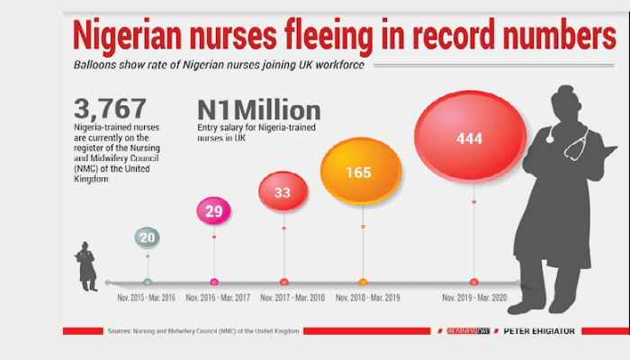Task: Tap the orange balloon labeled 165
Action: click(x=363, y=171)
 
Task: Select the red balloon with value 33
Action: click(x=283, y=192)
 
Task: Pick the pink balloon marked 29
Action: click(x=213, y=211)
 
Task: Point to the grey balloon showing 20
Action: click(x=148, y=238)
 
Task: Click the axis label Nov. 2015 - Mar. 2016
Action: click(x=148, y=297)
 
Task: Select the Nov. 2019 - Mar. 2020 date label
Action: click(x=473, y=297)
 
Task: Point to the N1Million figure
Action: click(x=258, y=111)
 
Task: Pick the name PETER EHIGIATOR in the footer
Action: click(x=540, y=331)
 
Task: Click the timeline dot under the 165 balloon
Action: click(x=363, y=282)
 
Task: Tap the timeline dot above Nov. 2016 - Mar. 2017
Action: click(x=213, y=282)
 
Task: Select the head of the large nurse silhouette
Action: click(x=565, y=99)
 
